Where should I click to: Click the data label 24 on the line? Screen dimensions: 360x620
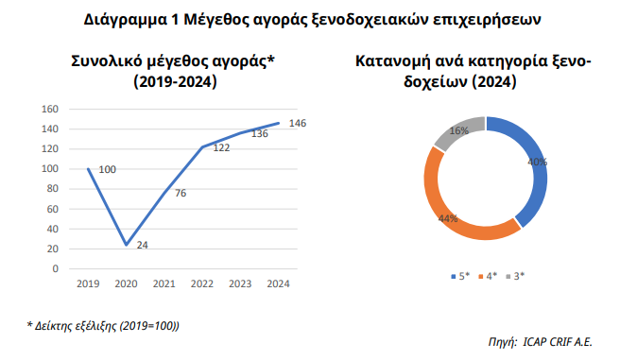(143, 246)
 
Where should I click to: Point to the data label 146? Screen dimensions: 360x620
(297, 124)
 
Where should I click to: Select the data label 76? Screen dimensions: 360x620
(180, 193)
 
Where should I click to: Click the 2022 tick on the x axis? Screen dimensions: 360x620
(201, 283)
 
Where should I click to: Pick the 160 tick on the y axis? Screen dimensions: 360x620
(50, 109)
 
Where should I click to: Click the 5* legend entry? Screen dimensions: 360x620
(459, 275)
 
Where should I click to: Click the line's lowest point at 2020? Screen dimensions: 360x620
(126, 245)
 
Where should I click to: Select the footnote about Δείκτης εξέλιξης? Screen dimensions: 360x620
(104, 326)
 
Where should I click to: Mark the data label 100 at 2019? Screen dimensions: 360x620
(107, 169)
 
